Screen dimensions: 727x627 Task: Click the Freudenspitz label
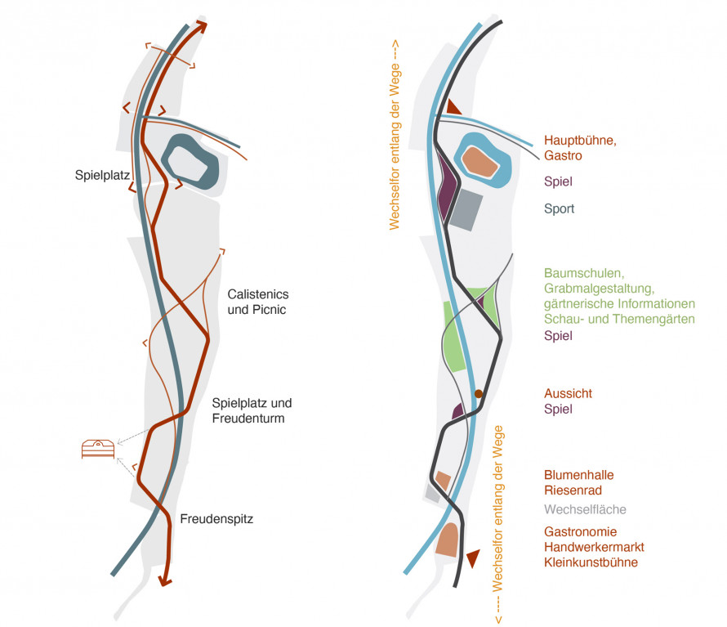pyautogui.click(x=216, y=519)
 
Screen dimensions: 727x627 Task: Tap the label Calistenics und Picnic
pyautogui.click(x=258, y=302)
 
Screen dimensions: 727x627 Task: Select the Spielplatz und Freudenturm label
pyautogui.click(x=252, y=410)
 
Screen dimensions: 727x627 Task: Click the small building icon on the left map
pyautogui.click(x=98, y=449)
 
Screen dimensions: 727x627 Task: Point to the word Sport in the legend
pyautogui.click(x=560, y=208)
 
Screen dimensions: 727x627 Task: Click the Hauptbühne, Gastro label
pyautogui.click(x=580, y=148)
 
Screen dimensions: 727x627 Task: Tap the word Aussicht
pyautogui.click(x=568, y=393)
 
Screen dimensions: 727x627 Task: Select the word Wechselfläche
pyautogui.click(x=585, y=509)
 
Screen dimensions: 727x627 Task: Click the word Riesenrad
pyautogui.click(x=573, y=490)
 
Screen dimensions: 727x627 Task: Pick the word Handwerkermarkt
pyautogui.click(x=594, y=547)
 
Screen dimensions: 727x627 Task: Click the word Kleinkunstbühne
pyautogui.click(x=591, y=562)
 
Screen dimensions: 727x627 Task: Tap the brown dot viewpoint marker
pyautogui.click(x=479, y=393)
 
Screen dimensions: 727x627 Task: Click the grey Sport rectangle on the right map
pyautogui.click(x=466, y=210)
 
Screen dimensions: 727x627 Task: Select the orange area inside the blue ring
pyautogui.click(x=480, y=162)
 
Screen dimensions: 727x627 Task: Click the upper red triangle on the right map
pyautogui.click(x=453, y=108)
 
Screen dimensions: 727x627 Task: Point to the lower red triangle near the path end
pyautogui.click(x=473, y=558)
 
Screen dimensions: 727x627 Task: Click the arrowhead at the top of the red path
pyautogui.click(x=201, y=26)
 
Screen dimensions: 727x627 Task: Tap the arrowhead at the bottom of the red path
pyautogui.click(x=165, y=580)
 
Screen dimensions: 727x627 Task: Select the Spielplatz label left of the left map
pyautogui.click(x=102, y=176)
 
